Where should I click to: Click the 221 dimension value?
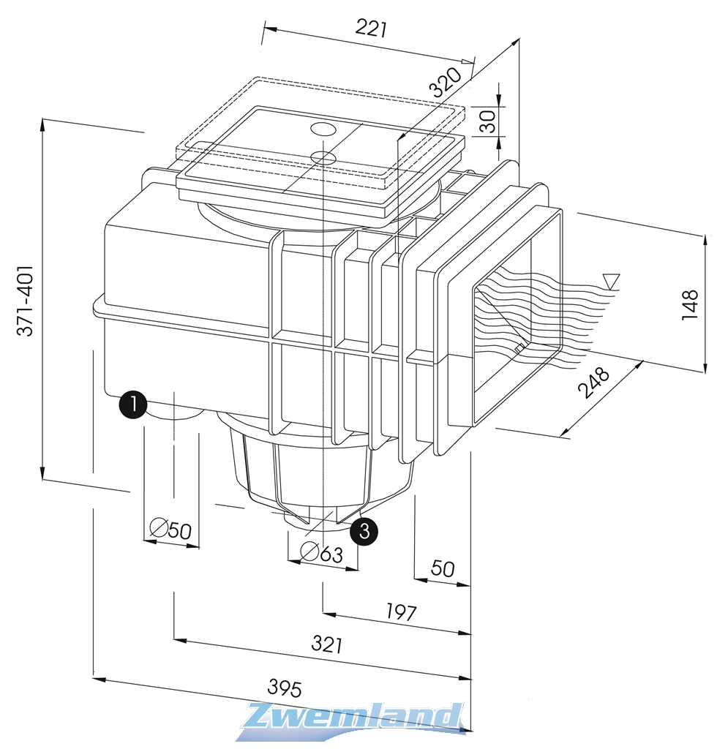pyautogui.click(x=370, y=29)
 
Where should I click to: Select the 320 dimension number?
pyautogui.click(x=446, y=81)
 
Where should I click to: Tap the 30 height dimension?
pyautogui.click(x=487, y=120)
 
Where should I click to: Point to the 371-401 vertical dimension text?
pyautogui.click(x=26, y=301)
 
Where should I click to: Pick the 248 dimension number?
pyautogui.click(x=593, y=383)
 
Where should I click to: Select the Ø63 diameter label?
pyautogui.click(x=322, y=553)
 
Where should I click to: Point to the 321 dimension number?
pyautogui.click(x=327, y=644)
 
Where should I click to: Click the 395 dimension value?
pyautogui.click(x=285, y=688)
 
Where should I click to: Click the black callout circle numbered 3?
pyautogui.click(x=364, y=530)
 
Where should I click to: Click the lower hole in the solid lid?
pyautogui.click(x=323, y=157)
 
